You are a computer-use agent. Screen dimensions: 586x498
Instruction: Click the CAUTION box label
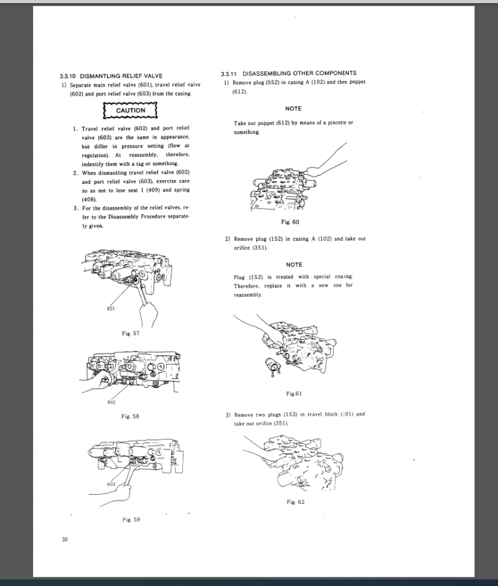pos(130,111)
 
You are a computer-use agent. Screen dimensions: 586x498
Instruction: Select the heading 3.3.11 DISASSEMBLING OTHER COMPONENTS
pos(288,73)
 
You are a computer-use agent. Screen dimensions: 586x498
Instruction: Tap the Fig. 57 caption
pos(131,333)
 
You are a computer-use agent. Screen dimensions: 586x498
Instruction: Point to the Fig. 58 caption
pos(131,416)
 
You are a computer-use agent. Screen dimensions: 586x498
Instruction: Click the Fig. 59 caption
pos(131,519)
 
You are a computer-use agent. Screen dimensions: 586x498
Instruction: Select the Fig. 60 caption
pos(294,222)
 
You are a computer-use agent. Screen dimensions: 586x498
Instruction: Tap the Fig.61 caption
pos(294,394)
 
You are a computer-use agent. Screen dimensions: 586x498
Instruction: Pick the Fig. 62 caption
pos(295,502)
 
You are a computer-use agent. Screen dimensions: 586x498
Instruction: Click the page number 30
pos(64,539)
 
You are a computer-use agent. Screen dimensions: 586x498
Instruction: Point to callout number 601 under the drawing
pos(111,309)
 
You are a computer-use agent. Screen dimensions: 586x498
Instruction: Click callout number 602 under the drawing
pos(112,401)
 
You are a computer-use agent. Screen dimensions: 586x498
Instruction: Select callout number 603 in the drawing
pos(112,484)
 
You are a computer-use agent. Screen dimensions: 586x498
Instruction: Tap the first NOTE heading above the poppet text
pos(294,109)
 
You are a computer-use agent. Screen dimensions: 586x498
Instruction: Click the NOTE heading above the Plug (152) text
pos(294,265)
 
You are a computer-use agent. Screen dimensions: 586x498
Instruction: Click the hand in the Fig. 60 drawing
pos(316,170)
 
